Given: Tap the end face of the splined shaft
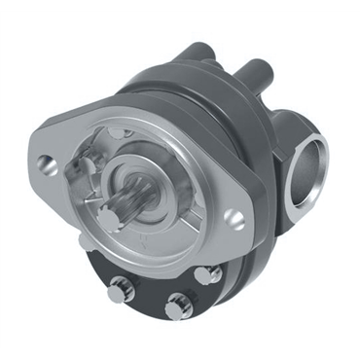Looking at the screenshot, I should point(126,198).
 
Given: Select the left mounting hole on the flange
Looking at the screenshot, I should point(47,162).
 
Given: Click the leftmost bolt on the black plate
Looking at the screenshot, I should point(120,287).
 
